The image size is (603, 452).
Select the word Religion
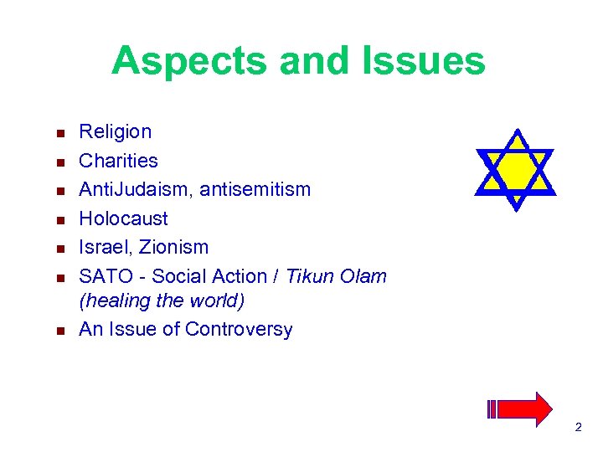[x=115, y=131]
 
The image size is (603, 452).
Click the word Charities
[x=118, y=161]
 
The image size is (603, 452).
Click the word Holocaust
[x=123, y=219]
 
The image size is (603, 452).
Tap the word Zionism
[x=174, y=248]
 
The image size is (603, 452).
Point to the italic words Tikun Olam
[x=336, y=276]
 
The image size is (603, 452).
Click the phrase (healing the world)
[x=162, y=300]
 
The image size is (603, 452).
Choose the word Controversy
[x=239, y=330]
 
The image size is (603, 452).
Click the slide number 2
[x=578, y=429]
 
